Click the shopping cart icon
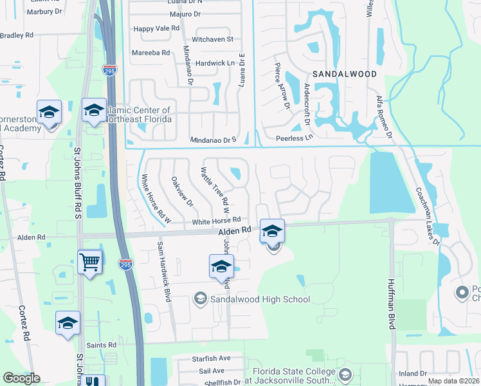tap(90, 261)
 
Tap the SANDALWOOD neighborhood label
tap(345, 74)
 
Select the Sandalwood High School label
tap(260, 299)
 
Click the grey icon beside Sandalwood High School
tap(200, 299)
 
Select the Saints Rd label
tap(103, 345)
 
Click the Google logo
tap(21, 378)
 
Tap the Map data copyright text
tap(453, 381)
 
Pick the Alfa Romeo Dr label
tap(383, 116)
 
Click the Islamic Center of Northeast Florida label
tap(140, 115)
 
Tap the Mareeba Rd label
tap(150, 53)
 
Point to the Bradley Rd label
tap(14, 35)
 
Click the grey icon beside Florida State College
tap(345, 374)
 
